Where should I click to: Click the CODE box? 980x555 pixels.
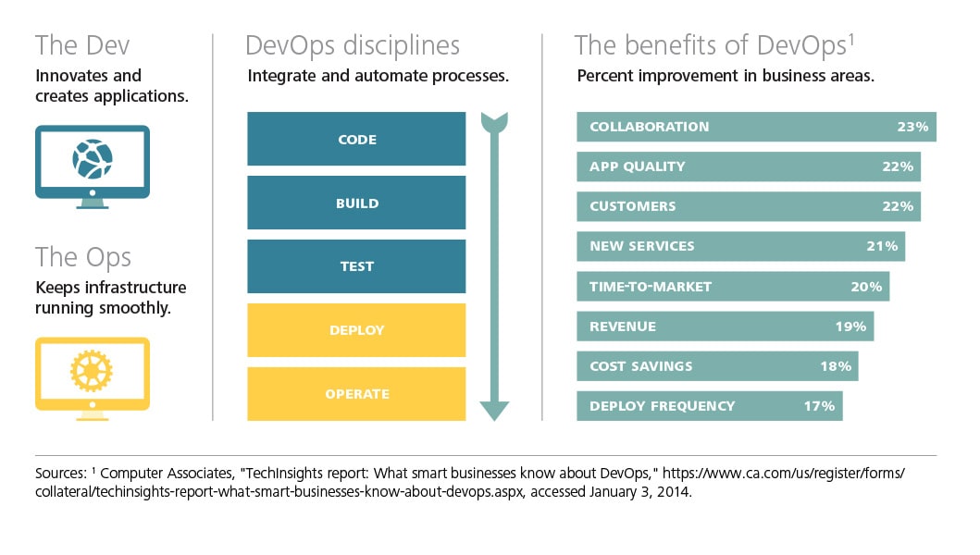pos(356,139)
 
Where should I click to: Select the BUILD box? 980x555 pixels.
pos(356,203)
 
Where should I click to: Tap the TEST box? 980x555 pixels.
pos(356,266)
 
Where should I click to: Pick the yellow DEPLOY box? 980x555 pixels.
pos(356,330)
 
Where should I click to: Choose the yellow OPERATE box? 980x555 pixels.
pos(356,394)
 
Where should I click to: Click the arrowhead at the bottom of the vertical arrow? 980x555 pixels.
pos(494,411)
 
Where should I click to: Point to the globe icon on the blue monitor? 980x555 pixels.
pos(93,159)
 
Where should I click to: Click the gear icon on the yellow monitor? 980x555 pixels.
pos(92,371)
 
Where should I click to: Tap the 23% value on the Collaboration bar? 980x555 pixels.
pos(912,127)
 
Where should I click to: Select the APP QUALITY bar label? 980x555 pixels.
pos(638,166)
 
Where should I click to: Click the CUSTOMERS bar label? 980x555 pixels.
pos(632,206)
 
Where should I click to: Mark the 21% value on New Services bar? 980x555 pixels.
pos(882,246)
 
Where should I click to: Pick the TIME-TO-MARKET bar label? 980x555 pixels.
pos(651,287)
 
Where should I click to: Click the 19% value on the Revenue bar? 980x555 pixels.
pos(850,327)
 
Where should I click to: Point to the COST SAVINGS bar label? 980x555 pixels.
pos(641,366)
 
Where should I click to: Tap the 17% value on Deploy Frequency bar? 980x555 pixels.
pos(819,406)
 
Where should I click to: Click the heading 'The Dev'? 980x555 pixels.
pos(82,45)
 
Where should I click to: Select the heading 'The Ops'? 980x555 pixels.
pos(83,257)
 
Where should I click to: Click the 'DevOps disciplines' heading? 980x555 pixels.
pos(353,46)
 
